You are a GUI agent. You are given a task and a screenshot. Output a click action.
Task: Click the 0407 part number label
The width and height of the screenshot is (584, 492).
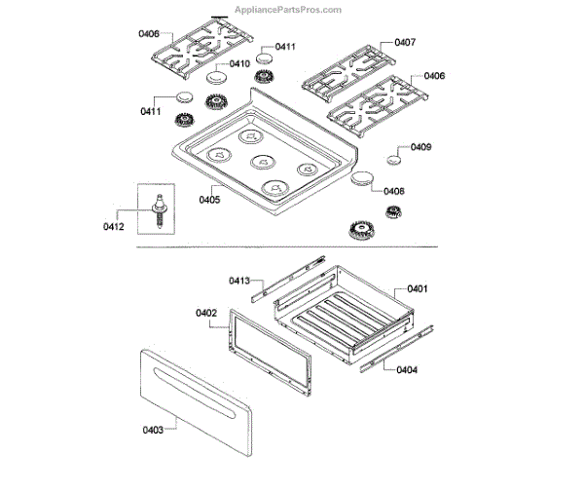(x=405, y=42)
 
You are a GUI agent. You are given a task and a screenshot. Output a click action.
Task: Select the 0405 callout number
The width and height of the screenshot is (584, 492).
(x=209, y=200)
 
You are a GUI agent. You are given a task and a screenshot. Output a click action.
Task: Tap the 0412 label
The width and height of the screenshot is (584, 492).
(x=114, y=227)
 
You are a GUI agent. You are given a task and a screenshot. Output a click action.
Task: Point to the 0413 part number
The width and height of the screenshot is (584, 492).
(x=240, y=281)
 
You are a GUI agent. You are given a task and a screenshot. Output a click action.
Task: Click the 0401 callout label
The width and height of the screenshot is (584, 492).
(x=418, y=288)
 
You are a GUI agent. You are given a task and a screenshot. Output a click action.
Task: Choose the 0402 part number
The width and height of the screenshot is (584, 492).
(x=205, y=313)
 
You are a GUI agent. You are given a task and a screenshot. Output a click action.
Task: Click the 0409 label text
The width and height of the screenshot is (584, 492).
(x=420, y=147)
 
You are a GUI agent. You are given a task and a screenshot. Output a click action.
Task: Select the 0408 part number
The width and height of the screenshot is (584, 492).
(x=394, y=192)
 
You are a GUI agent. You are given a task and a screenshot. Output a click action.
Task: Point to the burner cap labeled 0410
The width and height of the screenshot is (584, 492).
(x=215, y=80)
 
